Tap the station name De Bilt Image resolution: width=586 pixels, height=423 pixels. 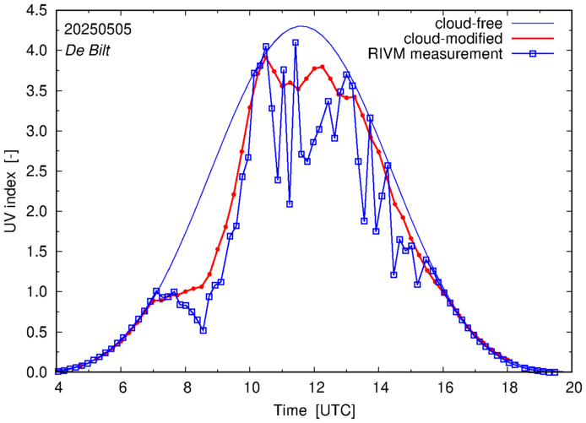click(88, 50)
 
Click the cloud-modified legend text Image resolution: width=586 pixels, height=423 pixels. click(453, 39)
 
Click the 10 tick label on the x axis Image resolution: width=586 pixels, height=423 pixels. click(251, 388)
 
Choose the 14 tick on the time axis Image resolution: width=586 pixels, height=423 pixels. click(380, 388)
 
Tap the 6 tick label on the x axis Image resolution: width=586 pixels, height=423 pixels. click(122, 388)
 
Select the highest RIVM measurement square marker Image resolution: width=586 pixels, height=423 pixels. click(296, 42)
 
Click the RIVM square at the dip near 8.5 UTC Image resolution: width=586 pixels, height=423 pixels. click(203, 330)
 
